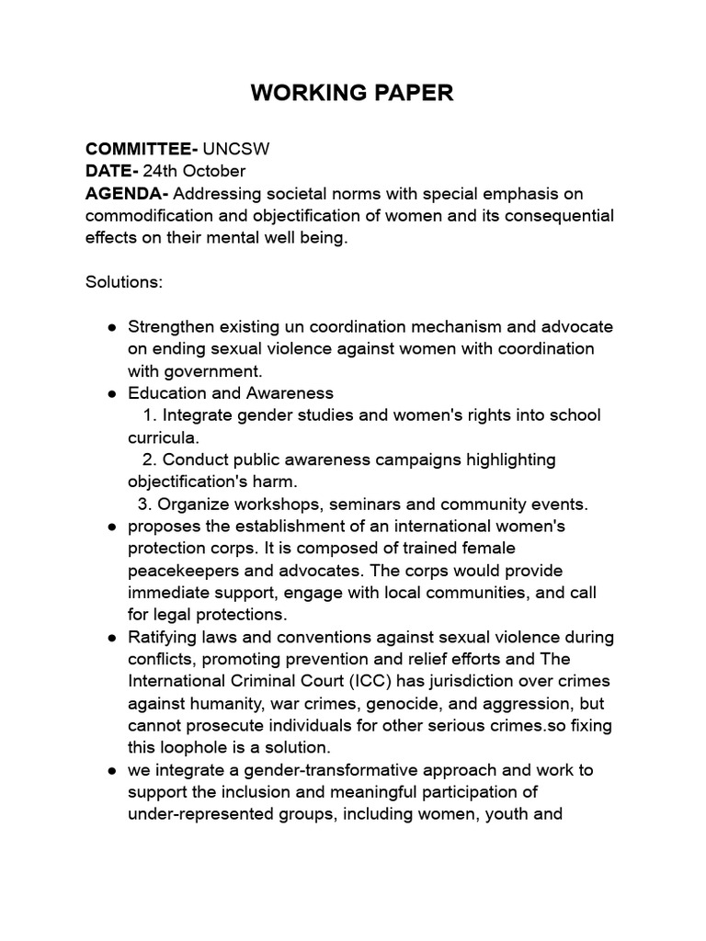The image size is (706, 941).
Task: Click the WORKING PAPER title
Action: pos(352,93)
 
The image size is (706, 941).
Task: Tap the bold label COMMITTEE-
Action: pos(142,149)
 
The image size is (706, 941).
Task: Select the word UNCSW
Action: pos(236,149)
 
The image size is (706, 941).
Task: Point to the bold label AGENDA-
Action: pos(127,194)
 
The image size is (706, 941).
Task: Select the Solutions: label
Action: pos(124,282)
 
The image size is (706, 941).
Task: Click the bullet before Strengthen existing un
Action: pos(111,327)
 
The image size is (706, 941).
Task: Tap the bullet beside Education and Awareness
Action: pos(111,393)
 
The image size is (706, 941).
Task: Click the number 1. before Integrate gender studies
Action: pos(151,415)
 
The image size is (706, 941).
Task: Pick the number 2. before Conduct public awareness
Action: pos(151,459)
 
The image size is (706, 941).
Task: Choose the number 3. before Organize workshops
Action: pos(145,504)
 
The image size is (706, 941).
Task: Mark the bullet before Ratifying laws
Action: pos(111,637)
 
